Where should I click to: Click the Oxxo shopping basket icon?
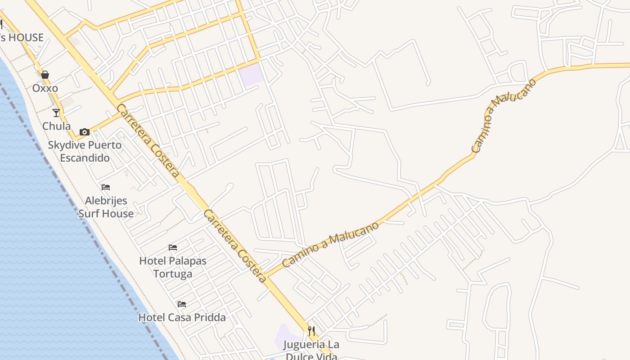tap(45, 75)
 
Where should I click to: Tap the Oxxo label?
tap(45, 88)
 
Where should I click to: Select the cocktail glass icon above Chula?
tap(56, 112)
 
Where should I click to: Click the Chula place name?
tap(56, 126)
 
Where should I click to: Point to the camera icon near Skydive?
tap(84, 132)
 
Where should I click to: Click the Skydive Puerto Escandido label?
tap(85, 151)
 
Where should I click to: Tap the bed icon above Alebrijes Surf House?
tap(106, 187)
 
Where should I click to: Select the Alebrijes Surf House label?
tap(106, 207)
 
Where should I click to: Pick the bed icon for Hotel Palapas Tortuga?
tap(173, 247)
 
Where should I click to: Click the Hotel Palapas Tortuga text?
tap(173, 267)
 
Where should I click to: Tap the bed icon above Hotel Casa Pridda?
tap(182, 304)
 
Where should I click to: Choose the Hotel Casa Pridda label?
tap(182, 317)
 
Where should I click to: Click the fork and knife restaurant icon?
tap(311, 332)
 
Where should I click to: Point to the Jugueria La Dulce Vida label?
tap(311, 350)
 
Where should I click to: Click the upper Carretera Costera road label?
tap(148, 140)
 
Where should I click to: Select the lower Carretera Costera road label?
tap(235, 246)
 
